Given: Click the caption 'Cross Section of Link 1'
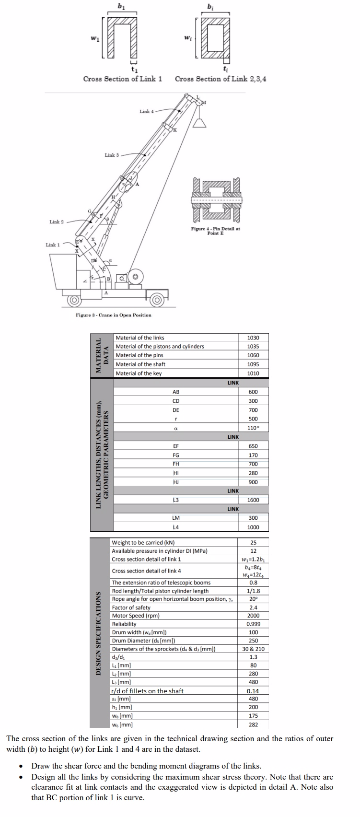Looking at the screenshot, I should tap(122, 79).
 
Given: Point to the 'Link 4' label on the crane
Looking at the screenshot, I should tap(146, 112).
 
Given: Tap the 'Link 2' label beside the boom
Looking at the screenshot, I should tap(57, 222).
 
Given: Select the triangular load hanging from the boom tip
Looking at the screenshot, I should tap(200, 123).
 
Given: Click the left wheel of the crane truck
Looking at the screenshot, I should tap(74, 301).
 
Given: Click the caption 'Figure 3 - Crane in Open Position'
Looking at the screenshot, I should tap(114, 315).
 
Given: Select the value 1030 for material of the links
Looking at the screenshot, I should tap(253, 338).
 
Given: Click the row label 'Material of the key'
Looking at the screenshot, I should tap(139, 373).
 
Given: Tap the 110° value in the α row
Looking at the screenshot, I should tap(253, 428).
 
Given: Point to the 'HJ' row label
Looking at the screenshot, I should tap(175, 482).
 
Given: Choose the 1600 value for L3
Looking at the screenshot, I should tap(253, 500).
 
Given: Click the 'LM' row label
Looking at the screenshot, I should tap(175, 518).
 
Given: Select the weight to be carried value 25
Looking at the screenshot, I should tap(253, 542).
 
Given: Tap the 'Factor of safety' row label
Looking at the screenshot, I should tap(131, 607).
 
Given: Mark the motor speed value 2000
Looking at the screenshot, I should tap(253, 616).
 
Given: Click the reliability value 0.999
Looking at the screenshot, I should tap(253, 624).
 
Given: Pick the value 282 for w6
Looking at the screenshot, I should tap(253, 724).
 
